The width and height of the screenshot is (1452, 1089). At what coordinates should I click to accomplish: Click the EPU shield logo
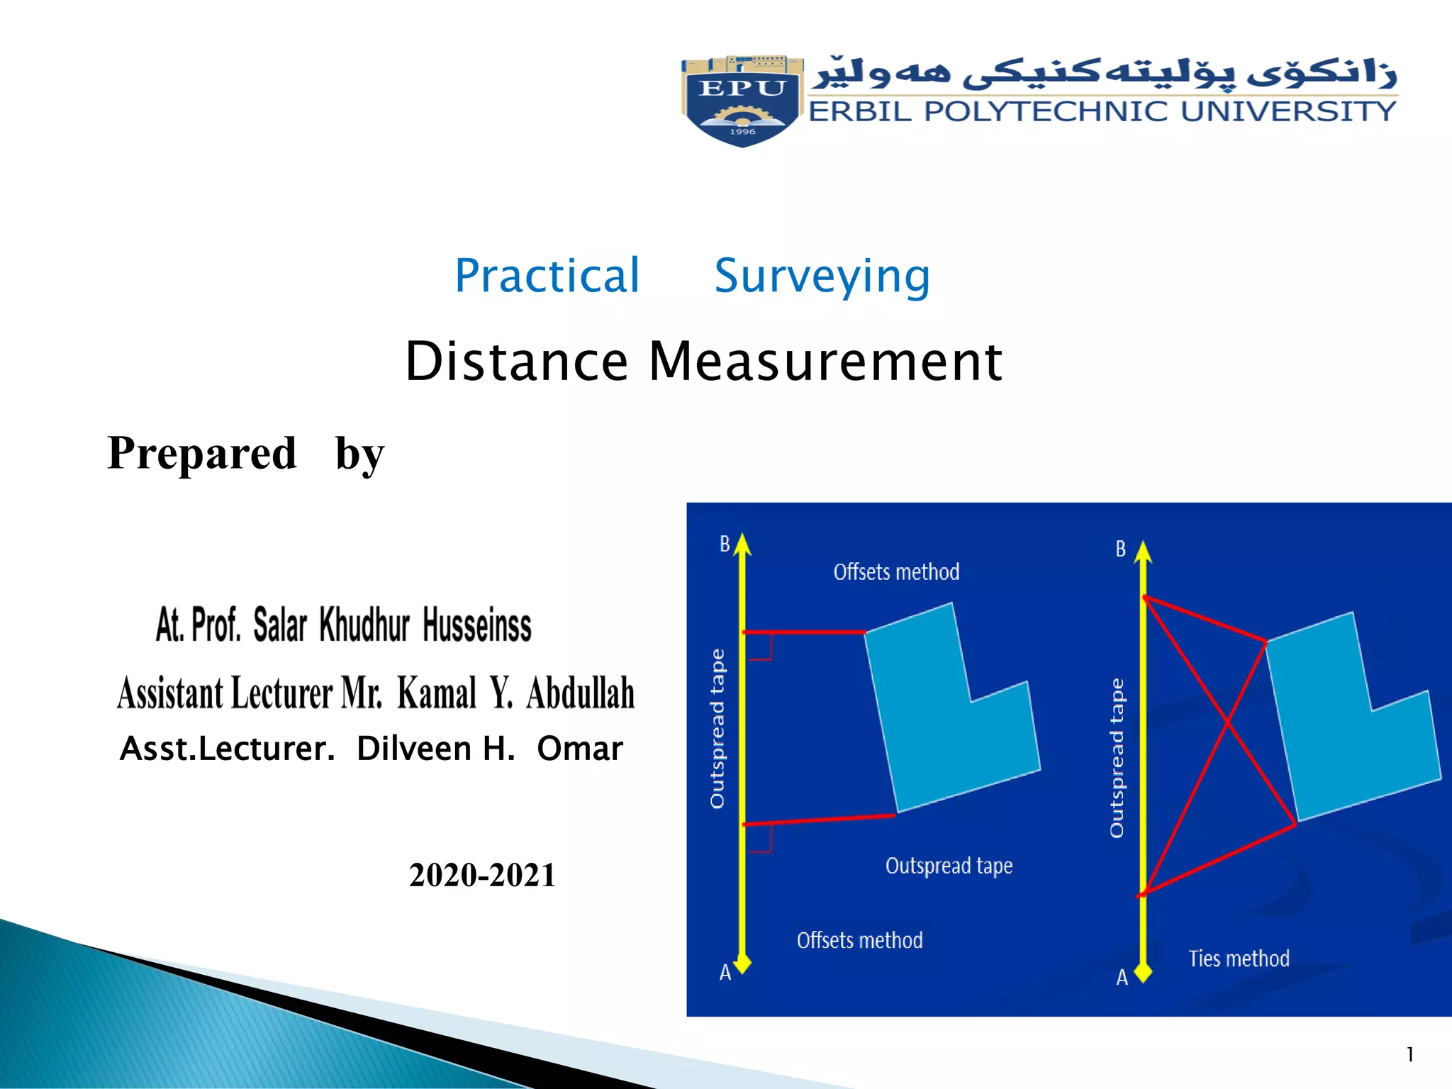point(742,101)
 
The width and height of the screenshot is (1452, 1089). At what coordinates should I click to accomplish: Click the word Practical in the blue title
point(547,276)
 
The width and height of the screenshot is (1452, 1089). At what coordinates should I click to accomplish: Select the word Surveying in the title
point(822,276)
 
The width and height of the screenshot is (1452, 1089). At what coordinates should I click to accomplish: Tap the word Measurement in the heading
point(825,362)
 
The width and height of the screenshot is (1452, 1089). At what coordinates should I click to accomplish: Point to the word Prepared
point(202,453)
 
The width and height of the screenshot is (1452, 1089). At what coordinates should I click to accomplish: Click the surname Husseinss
point(477,625)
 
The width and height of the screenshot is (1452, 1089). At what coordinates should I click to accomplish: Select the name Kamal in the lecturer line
point(437,693)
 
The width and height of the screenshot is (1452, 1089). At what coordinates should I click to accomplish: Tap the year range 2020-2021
point(482,875)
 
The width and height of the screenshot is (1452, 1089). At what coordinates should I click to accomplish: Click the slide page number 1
point(1410,1055)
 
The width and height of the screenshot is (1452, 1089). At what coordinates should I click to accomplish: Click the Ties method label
point(1239,959)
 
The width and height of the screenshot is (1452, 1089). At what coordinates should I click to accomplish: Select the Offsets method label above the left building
point(896,572)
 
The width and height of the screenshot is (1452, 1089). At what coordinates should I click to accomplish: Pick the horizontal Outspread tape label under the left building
point(949,866)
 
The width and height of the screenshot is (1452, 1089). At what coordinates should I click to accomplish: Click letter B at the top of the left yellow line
point(725,544)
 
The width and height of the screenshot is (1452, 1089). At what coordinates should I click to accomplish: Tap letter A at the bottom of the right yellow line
point(1122,978)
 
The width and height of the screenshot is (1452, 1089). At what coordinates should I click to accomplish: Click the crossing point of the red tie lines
point(1227,722)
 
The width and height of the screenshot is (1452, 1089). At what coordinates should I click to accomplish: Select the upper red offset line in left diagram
point(804,631)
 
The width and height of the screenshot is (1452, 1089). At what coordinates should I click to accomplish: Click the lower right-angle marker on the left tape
point(761,841)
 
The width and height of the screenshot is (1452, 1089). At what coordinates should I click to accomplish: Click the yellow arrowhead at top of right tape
point(1143,552)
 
